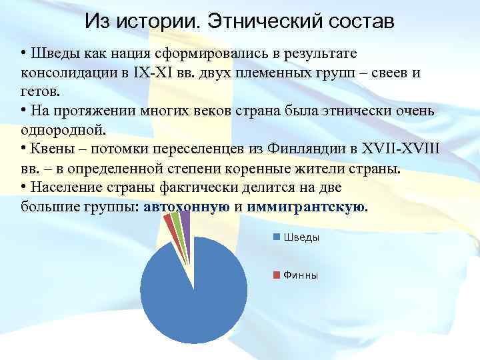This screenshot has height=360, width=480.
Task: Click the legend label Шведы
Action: click(x=301, y=237)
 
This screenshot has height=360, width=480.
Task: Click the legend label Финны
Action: click(x=301, y=275)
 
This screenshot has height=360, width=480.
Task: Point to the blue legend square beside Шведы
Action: click(x=276, y=237)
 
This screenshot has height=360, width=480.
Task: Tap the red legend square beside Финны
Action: click(x=276, y=275)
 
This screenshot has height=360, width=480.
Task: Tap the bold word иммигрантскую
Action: click(x=306, y=207)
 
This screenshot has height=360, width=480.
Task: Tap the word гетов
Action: click(x=37, y=92)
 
